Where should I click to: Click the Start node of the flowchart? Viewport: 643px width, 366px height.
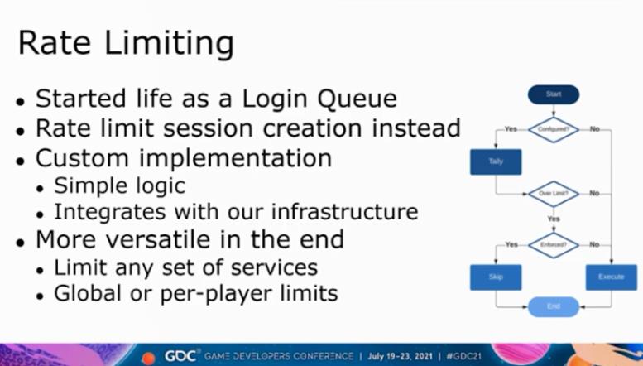click(x=553, y=94)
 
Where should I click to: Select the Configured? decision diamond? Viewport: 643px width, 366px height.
click(x=553, y=130)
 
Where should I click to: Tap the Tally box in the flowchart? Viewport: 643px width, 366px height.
click(x=496, y=161)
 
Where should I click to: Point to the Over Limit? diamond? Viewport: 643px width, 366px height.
click(x=553, y=194)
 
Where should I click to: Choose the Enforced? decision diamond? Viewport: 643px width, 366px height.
click(x=553, y=245)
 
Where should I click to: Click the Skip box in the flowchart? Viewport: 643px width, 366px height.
click(x=496, y=277)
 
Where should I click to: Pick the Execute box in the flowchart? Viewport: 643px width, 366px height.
click(x=612, y=277)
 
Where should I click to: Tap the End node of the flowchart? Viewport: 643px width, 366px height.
click(x=553, y=306)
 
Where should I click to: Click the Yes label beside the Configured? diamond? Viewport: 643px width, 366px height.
click(x=511, y=129)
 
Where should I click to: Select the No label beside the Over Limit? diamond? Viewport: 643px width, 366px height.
click(x=595, y=193)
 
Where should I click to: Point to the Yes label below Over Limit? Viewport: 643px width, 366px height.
click(x=554, y=219)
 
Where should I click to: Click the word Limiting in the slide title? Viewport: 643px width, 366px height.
click(x=169, y=44)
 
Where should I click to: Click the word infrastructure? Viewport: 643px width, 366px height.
click(x=344, y=211)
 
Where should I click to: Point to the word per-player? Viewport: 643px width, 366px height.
click(x=217, y=294)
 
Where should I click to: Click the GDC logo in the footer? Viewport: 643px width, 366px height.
click(x=182, y=356)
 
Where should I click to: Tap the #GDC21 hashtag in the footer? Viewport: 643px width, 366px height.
click(x=463, y=356)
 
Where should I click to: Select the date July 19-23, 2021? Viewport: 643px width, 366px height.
click(x=400, y=356)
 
